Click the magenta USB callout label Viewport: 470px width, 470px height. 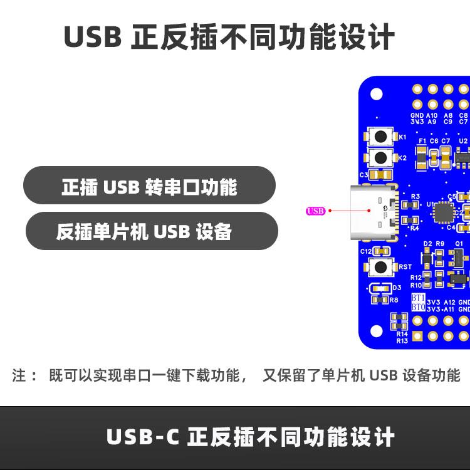pyautogui.click(x=315, y=211)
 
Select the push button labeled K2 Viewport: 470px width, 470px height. pyautogui.click(x=380, y=158)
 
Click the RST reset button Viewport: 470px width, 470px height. pyautogui.click(x=380, y=267)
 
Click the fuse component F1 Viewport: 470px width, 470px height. pyautogui.click(x=421, y=157)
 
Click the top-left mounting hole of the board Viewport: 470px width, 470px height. pyautogui.click(x=377, y=95)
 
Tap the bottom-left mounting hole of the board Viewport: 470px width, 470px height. pyautogui.click(x=377, y=331)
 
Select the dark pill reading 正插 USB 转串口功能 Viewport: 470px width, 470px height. pyautogui.click(x=149, y=186)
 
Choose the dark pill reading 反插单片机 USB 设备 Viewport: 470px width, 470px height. pyautogui.click(x=151, y=232)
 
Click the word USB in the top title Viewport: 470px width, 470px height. pyautogui.click(x=93, y=38)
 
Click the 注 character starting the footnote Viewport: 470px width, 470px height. pyautogui.click(x=19, y=376)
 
